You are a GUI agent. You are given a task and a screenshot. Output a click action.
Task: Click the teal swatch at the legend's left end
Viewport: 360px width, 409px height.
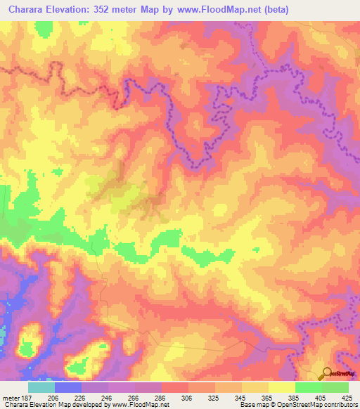point(41,387)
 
